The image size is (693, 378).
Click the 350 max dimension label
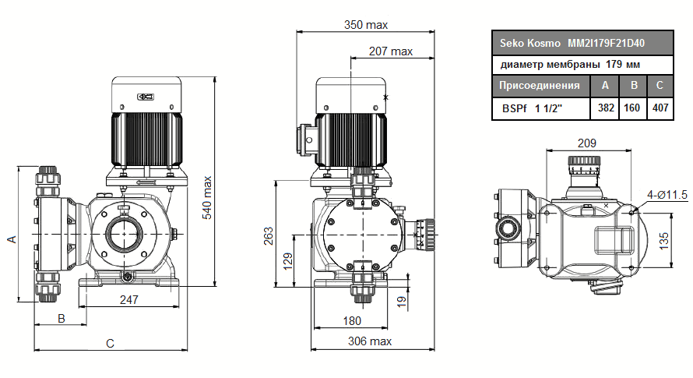click(x=366, y=24)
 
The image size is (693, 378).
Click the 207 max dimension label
click(x=391, y=51)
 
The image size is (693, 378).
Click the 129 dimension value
click(x=287, y=260)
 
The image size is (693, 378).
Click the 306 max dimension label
click(x=369, y=341)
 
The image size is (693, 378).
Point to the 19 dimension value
click(x=402, y=300)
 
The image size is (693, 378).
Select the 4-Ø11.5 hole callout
click(x=666, y=194)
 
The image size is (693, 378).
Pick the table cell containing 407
click(x=660, y=108)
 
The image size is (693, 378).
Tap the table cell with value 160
click(x=633, y=108)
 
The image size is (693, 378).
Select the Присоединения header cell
click(x=540, y=86)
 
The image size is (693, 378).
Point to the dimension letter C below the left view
click(x=111, y=343)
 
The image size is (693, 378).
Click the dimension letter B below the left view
click(x=61, y=319)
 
